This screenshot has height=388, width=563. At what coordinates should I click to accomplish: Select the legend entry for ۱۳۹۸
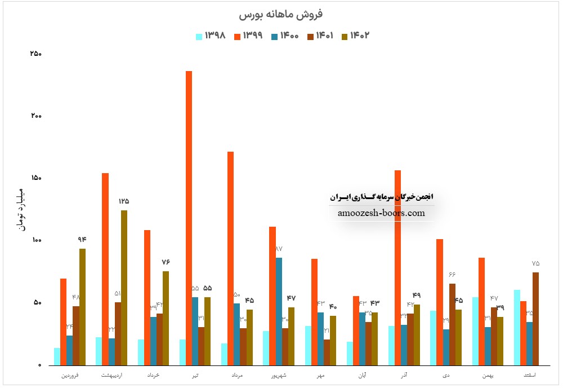pos(211,36)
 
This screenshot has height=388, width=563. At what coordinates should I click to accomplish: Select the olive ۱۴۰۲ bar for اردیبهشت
pos(124,288)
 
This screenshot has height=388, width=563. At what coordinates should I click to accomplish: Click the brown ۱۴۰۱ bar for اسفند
pos(536,319)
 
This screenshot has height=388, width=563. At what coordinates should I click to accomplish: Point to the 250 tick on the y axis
pos(36,54)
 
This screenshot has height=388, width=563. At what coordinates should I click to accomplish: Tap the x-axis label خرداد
pos(153,374)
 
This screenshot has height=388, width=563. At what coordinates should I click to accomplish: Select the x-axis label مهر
pos(321,374)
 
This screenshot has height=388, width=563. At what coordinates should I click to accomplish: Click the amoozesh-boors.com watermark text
pos(382,213)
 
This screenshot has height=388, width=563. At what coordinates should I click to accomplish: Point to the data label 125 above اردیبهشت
pos(124,201)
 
